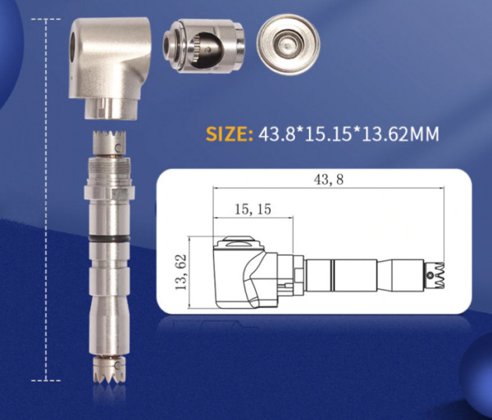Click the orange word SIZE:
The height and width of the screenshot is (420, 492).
[x=230, y=133]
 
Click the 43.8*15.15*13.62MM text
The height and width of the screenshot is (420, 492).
[x=348, y=133]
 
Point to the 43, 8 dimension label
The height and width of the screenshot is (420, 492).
[x=329, y=179]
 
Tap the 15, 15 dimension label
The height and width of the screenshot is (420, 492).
[x=253, y=210]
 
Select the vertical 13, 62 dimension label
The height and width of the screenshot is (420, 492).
[x=181, y=272]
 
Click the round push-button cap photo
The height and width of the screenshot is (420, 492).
[x=289, y=44]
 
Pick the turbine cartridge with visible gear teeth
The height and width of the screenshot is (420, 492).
[x=203, y=45]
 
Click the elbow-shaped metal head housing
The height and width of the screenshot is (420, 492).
[x=110, y=67]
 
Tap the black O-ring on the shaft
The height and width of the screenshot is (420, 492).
[x=109, y=239]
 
